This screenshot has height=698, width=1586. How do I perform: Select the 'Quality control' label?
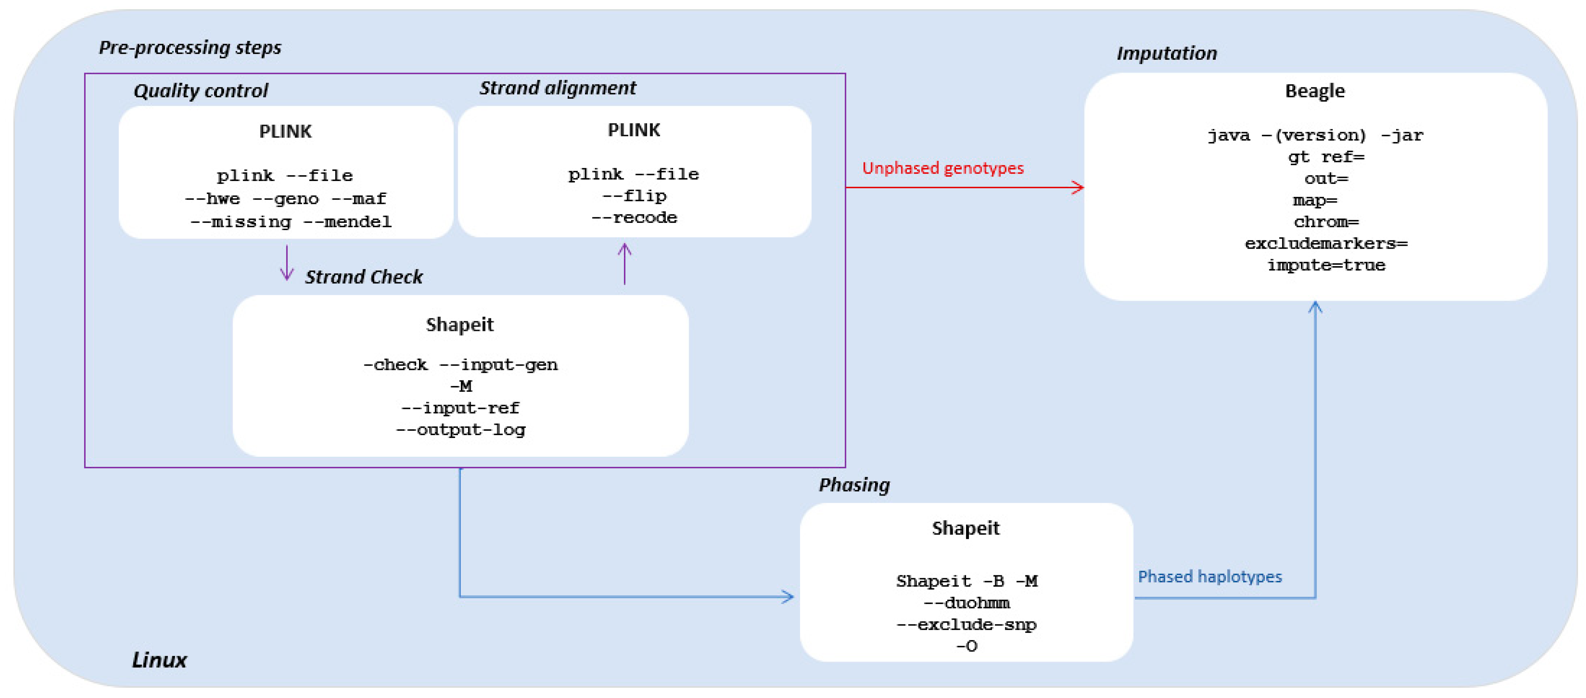201,91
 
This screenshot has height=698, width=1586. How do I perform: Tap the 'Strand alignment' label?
557,88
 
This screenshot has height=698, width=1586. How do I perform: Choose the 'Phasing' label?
854,485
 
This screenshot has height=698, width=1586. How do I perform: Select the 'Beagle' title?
1314,91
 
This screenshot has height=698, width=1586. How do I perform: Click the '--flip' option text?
634,196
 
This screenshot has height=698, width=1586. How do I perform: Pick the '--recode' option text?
634,217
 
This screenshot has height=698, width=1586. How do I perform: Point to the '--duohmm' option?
966,603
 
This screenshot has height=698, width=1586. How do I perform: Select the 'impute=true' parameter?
1326,265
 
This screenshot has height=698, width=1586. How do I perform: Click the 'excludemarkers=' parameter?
1326,243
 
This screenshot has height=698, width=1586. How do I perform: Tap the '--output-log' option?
460,429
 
